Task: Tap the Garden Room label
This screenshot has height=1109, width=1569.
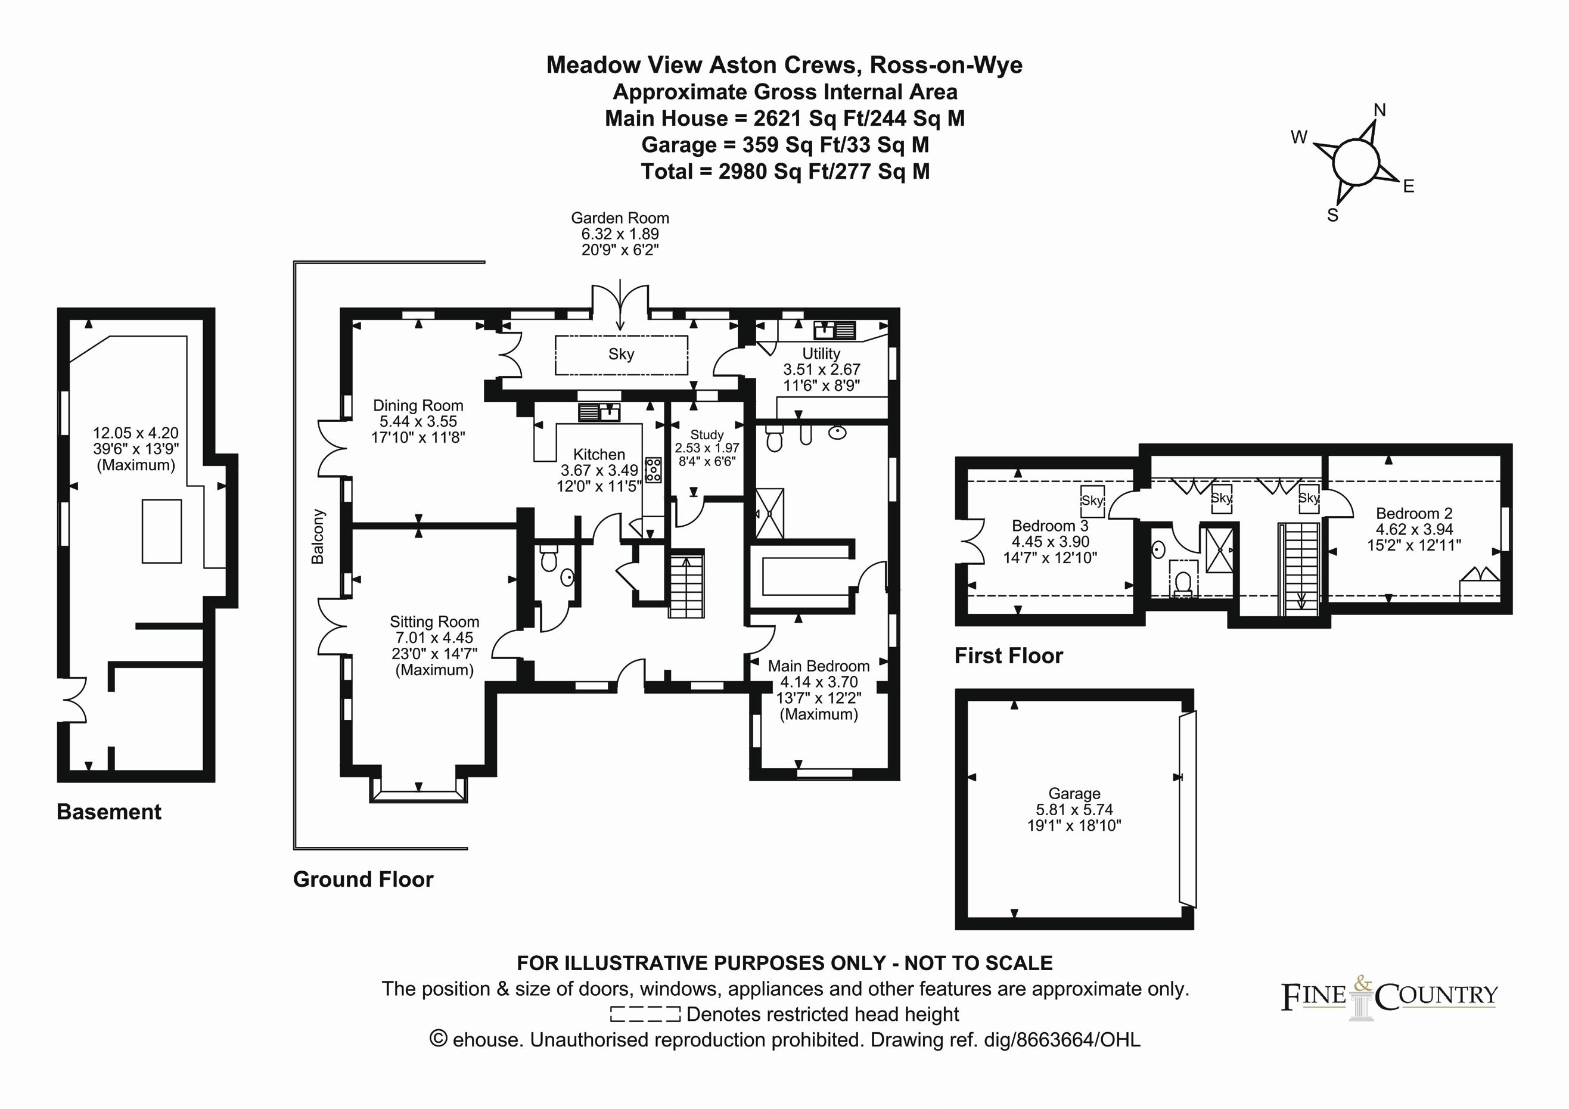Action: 620,218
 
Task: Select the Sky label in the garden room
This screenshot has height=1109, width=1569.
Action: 621,354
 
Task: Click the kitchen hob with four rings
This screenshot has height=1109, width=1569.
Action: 653,470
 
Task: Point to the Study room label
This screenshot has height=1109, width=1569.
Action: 707,434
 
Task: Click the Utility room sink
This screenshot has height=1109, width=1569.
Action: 834,331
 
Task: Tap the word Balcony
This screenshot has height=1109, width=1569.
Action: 318,536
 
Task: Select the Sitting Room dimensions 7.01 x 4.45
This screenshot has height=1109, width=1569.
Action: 434,638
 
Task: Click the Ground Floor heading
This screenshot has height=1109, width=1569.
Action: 363,879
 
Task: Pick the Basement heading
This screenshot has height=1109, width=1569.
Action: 108,812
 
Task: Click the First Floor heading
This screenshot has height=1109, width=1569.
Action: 1009,656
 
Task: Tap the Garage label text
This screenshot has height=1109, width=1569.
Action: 1074,793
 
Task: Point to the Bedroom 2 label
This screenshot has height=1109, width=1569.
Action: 1414,513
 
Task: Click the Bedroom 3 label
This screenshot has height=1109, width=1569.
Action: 1049,526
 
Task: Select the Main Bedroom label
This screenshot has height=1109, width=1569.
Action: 819,666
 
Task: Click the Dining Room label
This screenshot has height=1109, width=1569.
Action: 418,405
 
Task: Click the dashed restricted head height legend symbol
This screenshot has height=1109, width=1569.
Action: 645,1014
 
